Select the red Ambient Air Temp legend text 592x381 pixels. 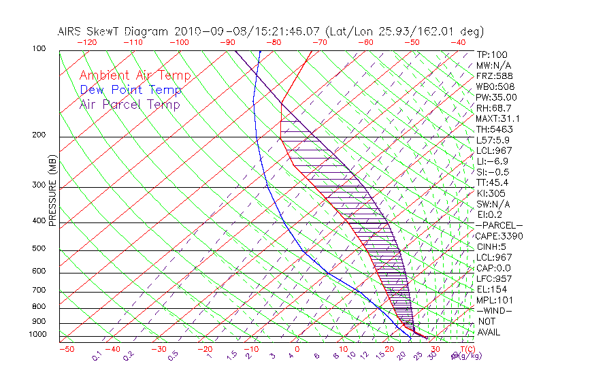tap(135, 76)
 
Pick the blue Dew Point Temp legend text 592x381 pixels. tap(131, 90)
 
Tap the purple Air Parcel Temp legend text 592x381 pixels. tap(130, 104)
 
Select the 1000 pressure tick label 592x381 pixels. tap(38, 335)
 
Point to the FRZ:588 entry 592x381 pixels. tap(493, 76)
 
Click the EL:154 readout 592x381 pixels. tap(490, 289)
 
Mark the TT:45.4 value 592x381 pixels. tap(493, 182)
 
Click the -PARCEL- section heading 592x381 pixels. tap(499, 225)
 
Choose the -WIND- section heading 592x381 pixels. tap(495, 310)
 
